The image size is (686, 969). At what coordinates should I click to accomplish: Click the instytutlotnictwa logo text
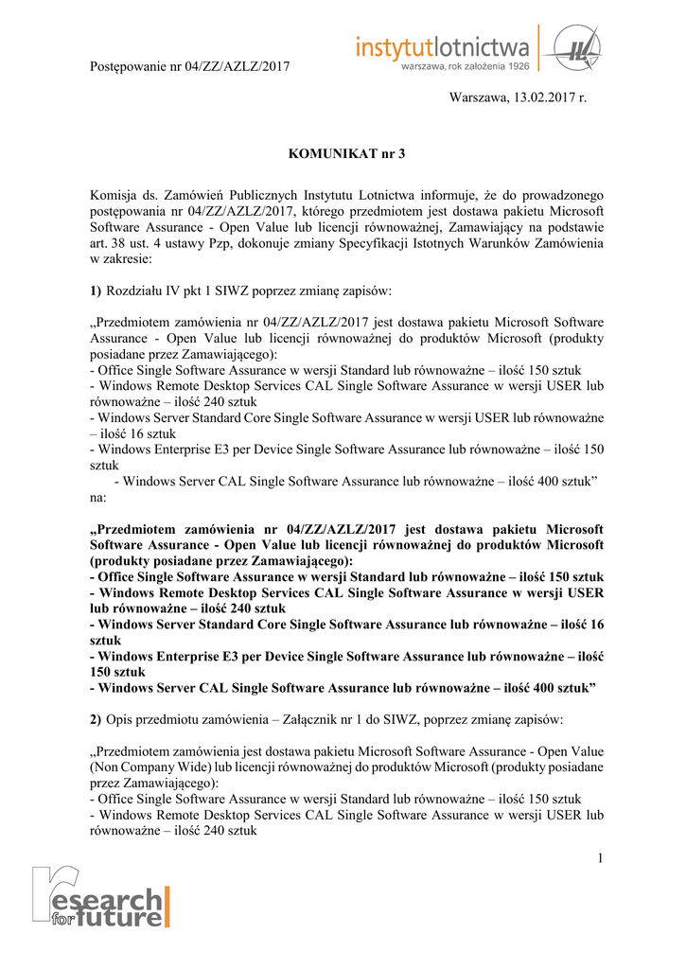coord(443,44)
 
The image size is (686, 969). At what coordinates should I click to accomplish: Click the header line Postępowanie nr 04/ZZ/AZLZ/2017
coord(189,66)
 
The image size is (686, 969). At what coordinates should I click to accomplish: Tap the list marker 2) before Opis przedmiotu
coord(96,720)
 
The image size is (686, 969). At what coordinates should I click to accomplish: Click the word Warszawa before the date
coord(480,98)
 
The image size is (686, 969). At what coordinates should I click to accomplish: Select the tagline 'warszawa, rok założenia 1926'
coord(465,67)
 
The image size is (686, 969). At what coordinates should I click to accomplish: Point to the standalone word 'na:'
coord(98,497)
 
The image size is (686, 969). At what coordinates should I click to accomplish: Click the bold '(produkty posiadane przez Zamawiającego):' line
coord(221,560)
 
